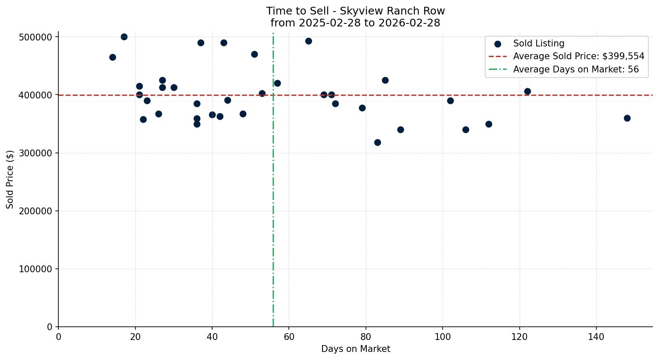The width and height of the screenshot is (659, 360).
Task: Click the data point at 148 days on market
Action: [x=627, y=118]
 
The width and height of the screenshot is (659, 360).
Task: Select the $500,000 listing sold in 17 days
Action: [x=124, y=37]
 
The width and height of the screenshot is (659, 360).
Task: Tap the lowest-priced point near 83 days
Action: [x=377, y=142]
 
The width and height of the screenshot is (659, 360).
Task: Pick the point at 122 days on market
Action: [x=527, y=91]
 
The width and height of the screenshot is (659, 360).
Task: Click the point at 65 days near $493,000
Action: [x=308, y=41]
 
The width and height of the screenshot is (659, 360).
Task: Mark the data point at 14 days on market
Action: [x=112, y=57]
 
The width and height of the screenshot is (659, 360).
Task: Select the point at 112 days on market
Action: [x=489, y=124]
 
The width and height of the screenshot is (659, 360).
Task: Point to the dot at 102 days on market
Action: [x=450, y=101]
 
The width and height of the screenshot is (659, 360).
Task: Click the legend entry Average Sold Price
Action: [x=578, y=56]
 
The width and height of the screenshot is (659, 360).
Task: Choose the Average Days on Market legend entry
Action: [x=576, y=69]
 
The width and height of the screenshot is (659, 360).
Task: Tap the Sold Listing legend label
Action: [x=538, y=43]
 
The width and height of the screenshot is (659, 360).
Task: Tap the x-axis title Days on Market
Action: [x=355, y=349]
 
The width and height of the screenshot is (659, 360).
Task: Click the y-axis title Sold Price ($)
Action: [x=10, y=179]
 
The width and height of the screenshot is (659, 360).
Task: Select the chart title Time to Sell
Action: [x=355, y=11]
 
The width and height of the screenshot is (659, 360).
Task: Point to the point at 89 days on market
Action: [x=400, y=130]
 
